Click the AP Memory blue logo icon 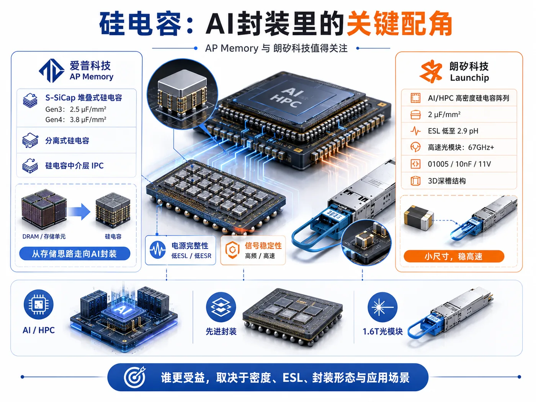(52, 70)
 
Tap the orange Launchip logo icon (431, 71)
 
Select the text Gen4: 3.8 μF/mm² (76, 119)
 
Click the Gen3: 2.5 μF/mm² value (76, 109)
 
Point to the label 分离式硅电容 (67, 141)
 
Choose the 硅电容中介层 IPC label (74, 166)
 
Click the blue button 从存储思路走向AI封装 (75, 254)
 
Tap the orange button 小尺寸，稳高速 (454, 257)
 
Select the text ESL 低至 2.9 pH (453, 131)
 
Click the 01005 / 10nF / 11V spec (459, 164)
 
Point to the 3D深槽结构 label (447, 181)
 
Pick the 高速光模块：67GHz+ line (461, 147)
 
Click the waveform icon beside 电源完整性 (157, 250)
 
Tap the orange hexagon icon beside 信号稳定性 (232, 250)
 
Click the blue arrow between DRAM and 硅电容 (79, 212)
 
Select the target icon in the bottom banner (134, 377)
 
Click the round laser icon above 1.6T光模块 (382, 307)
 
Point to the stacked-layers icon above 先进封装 (221, 307)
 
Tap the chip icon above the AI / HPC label (38, 304)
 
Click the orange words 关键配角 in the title (399, 24)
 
